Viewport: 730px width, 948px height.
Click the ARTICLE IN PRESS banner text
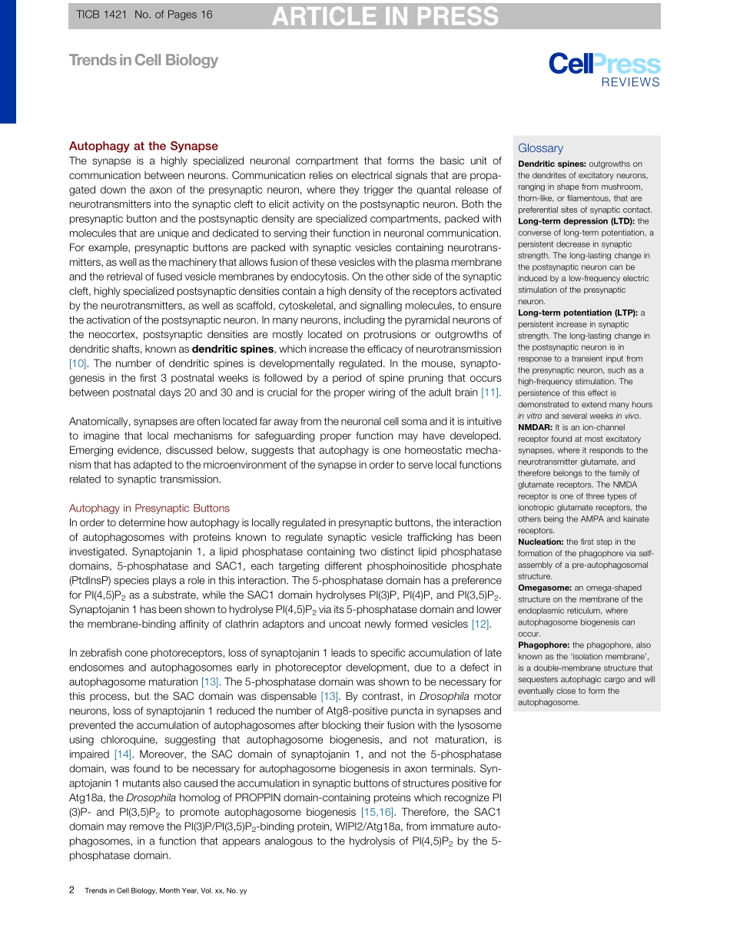[385, 16]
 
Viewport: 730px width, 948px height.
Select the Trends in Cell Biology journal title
[144, 60]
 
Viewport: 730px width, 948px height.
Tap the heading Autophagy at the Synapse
[144, 146]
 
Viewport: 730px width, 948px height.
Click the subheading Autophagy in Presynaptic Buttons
[149, 508]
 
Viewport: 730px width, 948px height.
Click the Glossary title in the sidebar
[540, 148]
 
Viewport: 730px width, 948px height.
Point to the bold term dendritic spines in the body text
[233, 349]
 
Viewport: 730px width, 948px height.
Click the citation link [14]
[124, 754]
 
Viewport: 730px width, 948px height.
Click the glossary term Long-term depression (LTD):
[572, 221]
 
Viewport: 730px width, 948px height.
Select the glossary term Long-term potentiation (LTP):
[577, 313]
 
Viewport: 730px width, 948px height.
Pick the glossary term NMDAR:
[535, 427]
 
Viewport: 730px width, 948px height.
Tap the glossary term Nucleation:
[543, 542]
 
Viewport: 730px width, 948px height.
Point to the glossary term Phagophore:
[544, 645]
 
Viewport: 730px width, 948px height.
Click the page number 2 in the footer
[71, 890]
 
